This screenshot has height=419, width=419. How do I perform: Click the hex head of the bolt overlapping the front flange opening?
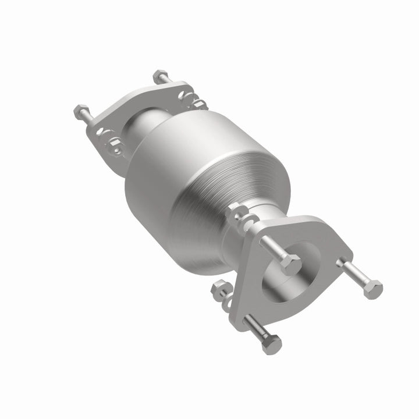pyautogui.click(x=289, y=264)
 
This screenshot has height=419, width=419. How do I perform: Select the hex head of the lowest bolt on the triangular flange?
pyautogui.click(x=271, y=345)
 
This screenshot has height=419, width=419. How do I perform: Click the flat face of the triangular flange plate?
pyautogui.click(x=326, y=244)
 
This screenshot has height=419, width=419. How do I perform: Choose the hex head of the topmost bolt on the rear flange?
pyautogui.click(x=161, y=76)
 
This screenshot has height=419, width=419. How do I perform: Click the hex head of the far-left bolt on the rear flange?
pyautogui.click(x=81, y=110)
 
